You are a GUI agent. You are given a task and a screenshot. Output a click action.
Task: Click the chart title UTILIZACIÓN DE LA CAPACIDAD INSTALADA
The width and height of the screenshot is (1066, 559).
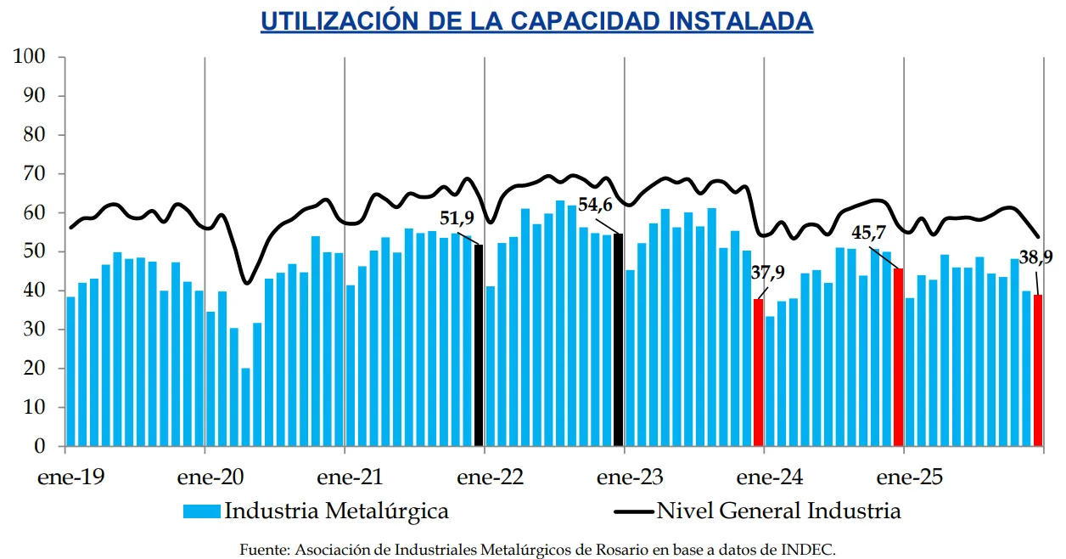[536, 21]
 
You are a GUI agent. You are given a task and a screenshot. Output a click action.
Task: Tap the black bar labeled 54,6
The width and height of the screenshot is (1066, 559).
[619, 340]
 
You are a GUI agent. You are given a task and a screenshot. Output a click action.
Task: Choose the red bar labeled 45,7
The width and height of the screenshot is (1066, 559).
[898, 357]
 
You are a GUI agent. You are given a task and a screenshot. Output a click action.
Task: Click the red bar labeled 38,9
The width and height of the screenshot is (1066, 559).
[1037, 370]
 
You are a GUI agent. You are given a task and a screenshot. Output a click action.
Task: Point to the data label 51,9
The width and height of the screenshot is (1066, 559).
[457, 222]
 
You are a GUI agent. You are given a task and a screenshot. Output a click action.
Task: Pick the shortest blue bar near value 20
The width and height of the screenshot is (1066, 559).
[245, 407]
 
